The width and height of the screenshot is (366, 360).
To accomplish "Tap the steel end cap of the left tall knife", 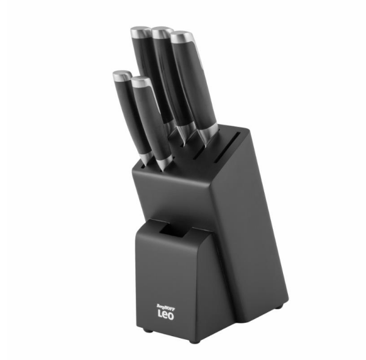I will [140, 31].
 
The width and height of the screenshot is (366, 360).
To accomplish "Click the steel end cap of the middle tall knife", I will [161, 31].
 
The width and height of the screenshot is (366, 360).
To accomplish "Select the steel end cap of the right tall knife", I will [181, 36].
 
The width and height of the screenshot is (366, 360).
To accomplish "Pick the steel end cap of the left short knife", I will [121, 76].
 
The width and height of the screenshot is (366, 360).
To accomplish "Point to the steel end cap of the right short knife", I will [140, 81].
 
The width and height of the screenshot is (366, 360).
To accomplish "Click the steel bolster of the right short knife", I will [163, 162].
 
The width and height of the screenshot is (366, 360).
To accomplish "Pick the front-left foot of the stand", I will [145, 330].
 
